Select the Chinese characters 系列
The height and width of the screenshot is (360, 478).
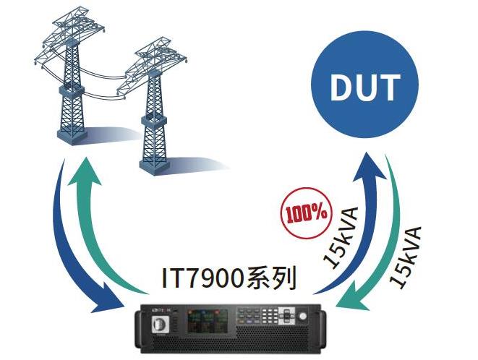[x=272, y=278]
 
